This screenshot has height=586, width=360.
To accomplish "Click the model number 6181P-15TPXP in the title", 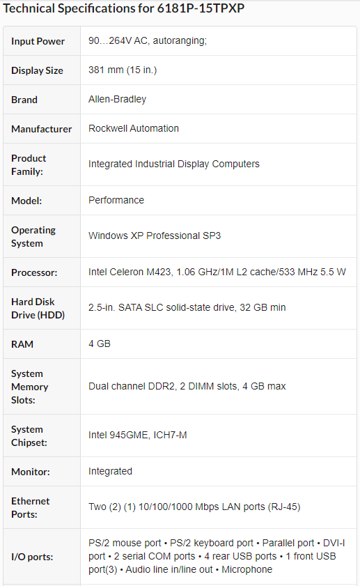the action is click(x=201, y=8).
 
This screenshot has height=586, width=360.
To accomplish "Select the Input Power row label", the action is click(x=38, y=41).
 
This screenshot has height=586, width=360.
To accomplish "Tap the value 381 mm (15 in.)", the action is click(x=123, y=70).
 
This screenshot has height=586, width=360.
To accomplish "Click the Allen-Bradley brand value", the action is click(x=117, y=99).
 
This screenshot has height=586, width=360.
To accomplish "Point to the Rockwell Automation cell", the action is click(x=133, y=128).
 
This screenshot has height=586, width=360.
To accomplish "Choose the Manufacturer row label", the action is click(x=42, y=129).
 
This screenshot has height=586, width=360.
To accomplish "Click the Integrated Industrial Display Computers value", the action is click(x=173, y=164).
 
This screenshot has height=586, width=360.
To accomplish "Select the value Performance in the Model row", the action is click(x=116, y=200).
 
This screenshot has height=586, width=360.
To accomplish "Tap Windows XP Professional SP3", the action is click(x=155, y=236).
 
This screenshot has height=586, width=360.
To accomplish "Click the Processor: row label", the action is click(x=34, y=272).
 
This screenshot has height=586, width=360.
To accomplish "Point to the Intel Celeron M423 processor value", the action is click(x=217, y=272).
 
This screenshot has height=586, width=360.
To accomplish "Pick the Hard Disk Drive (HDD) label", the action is click(x=38, y=308).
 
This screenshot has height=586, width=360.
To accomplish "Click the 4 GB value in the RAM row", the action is click(x=100, y=344).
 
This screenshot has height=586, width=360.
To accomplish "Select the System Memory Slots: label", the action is click(x=29, y=387).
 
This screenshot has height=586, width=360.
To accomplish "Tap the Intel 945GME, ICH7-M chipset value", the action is click(x=137, y=435).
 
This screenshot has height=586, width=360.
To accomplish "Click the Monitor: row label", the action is click(x=31, y=472).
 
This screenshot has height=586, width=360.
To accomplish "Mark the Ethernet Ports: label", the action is click(x=30, y=507).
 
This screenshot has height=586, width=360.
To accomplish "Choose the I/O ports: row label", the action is click(x=32, y=557).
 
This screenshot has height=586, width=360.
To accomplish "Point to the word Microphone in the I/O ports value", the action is click(x=246, y=569).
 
